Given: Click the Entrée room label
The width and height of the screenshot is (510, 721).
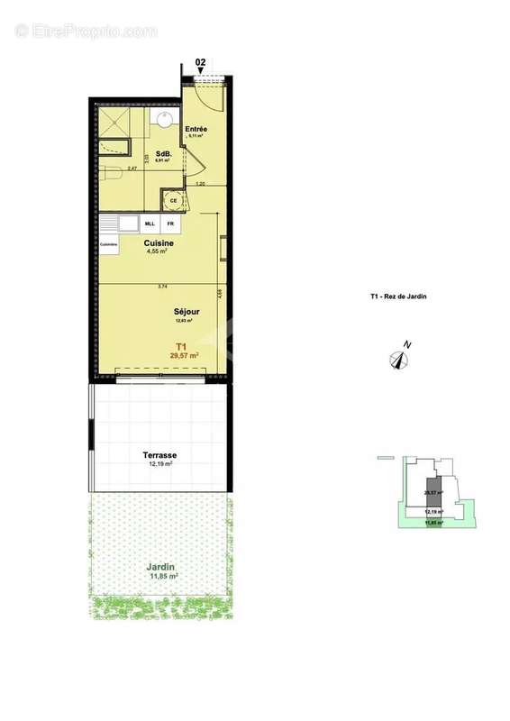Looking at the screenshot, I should point(196,129).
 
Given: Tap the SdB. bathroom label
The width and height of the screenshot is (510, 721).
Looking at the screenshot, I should point(162,153).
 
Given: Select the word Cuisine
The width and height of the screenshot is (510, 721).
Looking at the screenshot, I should point(159,243).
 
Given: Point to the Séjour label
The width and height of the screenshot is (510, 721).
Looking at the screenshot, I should point(187,313).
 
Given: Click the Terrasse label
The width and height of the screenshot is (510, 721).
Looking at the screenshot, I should point(159,456).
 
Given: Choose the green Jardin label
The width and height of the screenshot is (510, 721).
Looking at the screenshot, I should point(163,568).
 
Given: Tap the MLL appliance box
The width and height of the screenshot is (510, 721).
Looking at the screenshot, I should point(150,223).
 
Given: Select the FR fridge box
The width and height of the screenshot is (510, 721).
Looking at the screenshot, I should point(169,223).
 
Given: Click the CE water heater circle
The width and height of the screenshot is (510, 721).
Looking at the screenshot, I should point(172,200).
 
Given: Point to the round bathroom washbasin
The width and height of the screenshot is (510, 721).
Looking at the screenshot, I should point(166,119).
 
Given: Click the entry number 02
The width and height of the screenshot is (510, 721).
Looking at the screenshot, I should point(200,63).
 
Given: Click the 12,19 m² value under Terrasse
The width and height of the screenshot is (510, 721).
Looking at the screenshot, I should point(159,465).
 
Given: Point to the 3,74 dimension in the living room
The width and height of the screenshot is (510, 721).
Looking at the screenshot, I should point(162,287).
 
